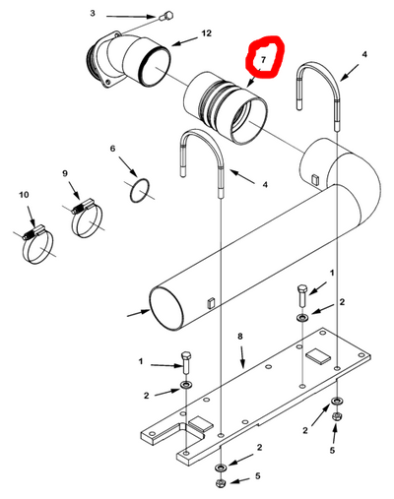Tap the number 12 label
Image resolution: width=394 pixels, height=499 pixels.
point(206,33)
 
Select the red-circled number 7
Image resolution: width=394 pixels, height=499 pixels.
point(263,61)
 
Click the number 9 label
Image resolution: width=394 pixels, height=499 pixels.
point(66,174)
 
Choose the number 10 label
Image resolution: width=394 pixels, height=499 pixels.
point(23,197)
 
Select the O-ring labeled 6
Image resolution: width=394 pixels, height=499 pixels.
point(142,188)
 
